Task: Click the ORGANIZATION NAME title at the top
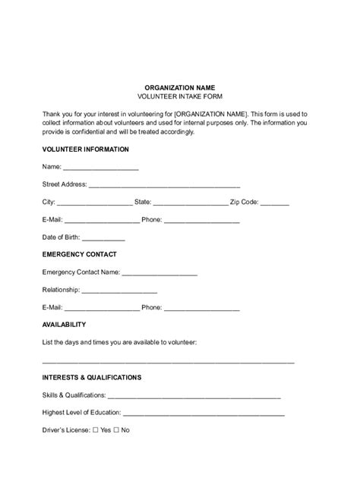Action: (179, 87)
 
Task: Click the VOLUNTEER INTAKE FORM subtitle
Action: (179, 98)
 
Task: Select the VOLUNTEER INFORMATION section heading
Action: (86, 149)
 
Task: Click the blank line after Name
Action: (100, 168)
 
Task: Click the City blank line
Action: (94, 203)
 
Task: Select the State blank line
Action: (191, 203)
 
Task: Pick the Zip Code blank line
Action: (274, 203)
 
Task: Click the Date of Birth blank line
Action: (104, 238)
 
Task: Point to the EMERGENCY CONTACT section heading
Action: (80, 255)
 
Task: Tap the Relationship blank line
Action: (119, 291)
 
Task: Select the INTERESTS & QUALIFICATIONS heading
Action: (92, 377)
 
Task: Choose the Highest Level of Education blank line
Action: (204, 414)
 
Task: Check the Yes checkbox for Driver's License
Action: (96, 430)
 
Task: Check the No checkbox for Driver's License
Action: (116, 430)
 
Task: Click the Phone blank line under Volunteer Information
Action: (201, 221)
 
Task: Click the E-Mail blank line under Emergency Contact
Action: (102, 309)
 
